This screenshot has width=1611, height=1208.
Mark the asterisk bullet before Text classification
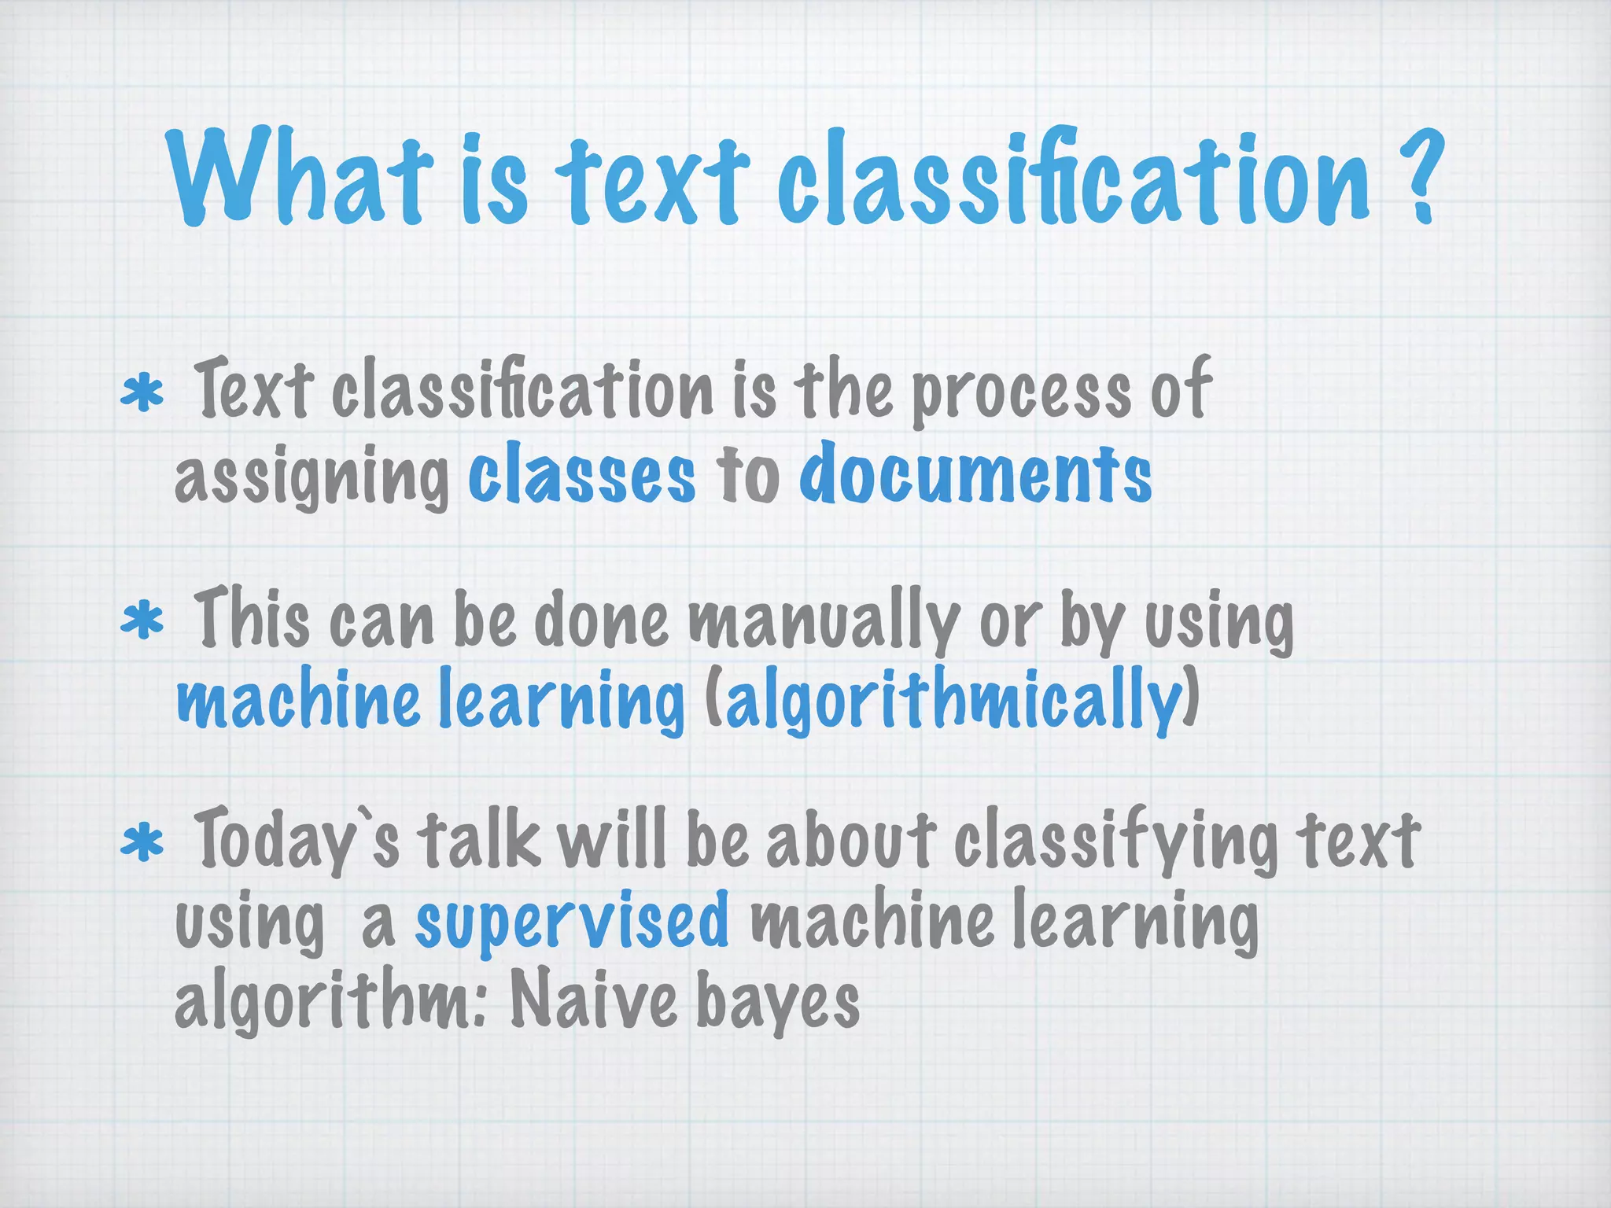coord(142,394)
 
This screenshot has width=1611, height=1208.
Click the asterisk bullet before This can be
coord(142,621)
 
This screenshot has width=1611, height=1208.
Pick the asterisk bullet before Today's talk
coord(142,843)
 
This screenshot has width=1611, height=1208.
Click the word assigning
coord(312,477)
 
